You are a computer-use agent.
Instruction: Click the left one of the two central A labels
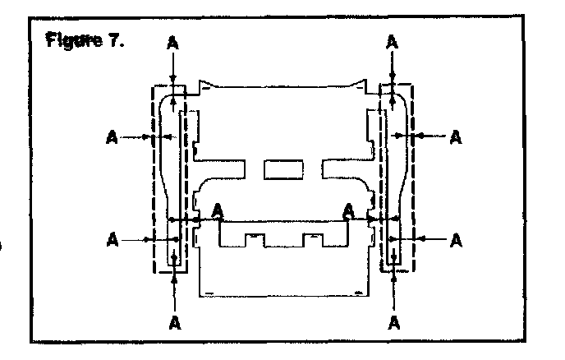(218, 210)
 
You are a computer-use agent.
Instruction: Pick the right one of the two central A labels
(349, 210)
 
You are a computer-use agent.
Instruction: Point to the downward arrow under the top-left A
(172, 70)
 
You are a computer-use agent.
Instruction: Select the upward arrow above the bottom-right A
(395, 284)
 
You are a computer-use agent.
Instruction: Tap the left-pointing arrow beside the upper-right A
(431, 134)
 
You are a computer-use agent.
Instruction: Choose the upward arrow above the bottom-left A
(175, 284)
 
